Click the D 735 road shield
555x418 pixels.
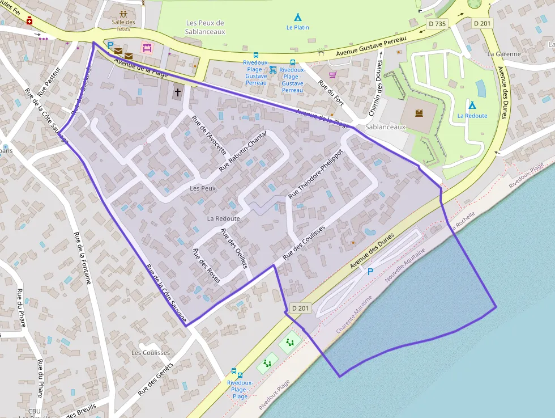(437, 24)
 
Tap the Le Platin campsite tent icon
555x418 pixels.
(297, 18)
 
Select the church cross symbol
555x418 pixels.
(178, 92)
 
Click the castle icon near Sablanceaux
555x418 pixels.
(420, 113)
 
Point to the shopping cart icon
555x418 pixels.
(332, 74)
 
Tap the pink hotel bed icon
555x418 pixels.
(147, 48)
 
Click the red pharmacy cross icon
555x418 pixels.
(29, 20)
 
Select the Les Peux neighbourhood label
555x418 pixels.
(203, 188)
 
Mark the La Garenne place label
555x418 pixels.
(503, 54)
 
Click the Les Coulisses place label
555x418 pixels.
(150, 352)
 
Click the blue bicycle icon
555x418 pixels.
(273, 70)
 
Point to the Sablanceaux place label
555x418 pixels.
(386, 127)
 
